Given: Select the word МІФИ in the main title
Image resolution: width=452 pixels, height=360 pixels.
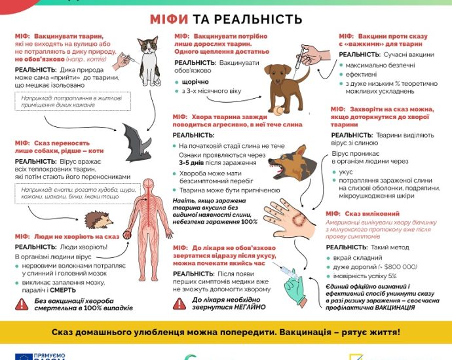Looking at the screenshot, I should click(x=171, y=20).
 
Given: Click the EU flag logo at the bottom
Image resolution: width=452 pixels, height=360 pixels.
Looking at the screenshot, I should click(x=24, y=355).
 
